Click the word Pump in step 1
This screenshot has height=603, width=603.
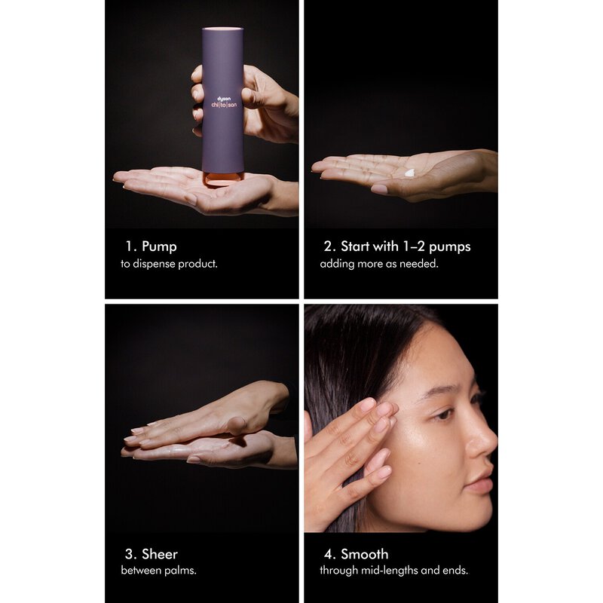159,247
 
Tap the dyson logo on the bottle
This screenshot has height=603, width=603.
224,99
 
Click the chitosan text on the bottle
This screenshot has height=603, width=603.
224,105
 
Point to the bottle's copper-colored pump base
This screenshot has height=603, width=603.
223,179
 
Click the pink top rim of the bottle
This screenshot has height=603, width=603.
222,29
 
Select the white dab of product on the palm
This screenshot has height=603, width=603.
410,173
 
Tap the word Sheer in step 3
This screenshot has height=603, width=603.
160,554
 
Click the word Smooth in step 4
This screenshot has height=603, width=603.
365,554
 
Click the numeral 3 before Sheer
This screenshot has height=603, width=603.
129,554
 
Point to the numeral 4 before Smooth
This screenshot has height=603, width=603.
328,554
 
